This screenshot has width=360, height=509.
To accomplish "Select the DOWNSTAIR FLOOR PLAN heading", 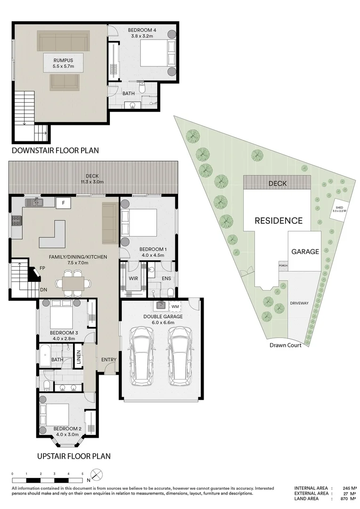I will (55, 151).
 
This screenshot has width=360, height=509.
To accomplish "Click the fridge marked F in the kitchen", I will (63, 203).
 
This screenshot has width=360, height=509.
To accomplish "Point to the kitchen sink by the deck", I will (34, 203).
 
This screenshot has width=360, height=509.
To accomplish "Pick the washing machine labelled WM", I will (175, 307).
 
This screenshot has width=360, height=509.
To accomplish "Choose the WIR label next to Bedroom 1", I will (133, 279).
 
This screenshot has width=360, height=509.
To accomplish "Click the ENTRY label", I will (108, 360).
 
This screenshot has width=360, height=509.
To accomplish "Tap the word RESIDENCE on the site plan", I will (278, 220).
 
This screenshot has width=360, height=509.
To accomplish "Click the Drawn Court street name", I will (288, 345).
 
